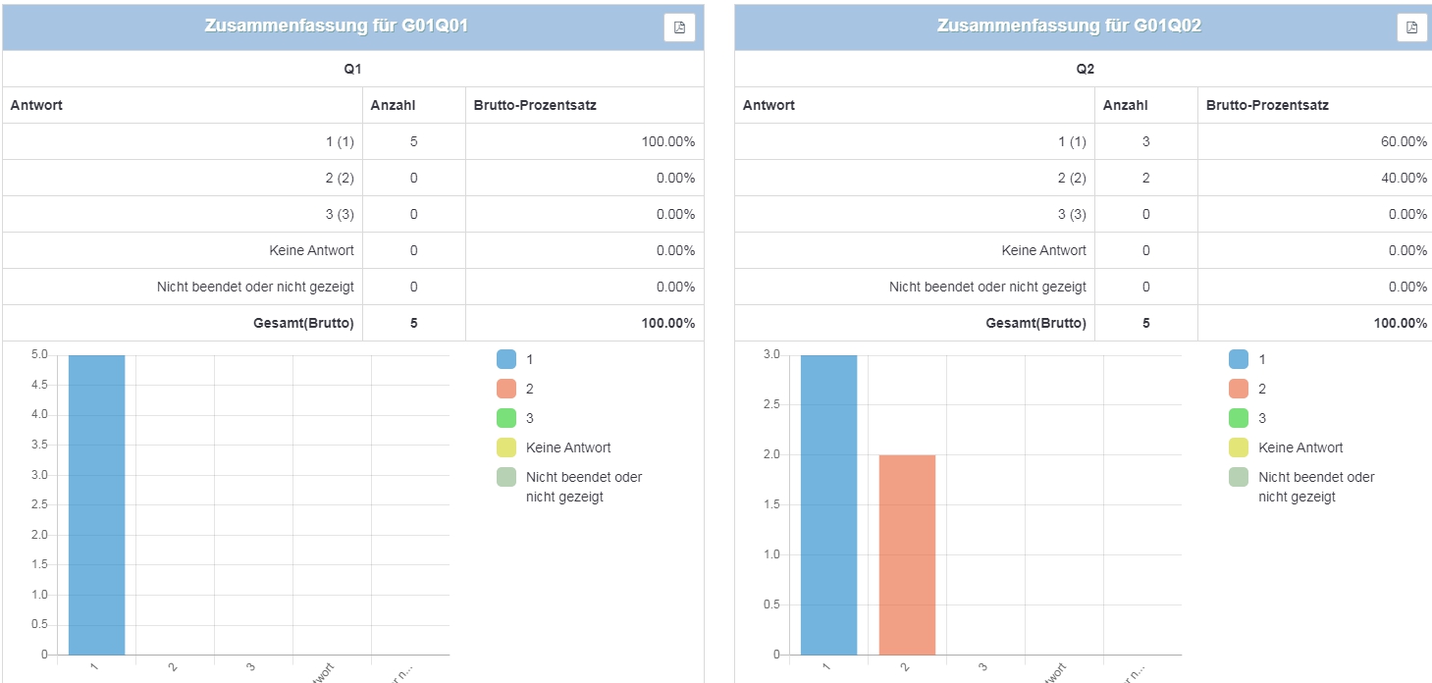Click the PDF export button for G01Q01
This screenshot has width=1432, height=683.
[679, 27]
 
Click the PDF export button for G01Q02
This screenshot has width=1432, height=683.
[1411, 27]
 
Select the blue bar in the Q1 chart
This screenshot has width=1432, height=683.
[96, 504]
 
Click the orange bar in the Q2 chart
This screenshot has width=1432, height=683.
[907, 554]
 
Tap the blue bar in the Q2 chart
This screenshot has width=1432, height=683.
[828, 504]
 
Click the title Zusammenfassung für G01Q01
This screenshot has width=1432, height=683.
[336, 26]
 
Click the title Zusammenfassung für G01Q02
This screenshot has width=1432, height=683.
[1069, 26]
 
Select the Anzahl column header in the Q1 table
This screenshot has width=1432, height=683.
[393, 105]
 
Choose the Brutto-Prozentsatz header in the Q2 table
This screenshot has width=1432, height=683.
[1267, 105]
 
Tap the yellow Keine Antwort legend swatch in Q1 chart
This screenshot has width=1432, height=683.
[506, 447]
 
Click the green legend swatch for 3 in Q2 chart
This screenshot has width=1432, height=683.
[1239, 418]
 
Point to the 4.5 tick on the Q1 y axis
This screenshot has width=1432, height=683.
[38, 385]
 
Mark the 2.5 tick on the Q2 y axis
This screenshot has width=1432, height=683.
[771, 404]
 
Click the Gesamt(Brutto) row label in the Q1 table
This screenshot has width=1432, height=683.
[304, 323]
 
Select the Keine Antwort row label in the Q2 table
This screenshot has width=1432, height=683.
[1043, 250]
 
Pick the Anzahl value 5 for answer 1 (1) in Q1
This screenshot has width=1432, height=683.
[413, 141]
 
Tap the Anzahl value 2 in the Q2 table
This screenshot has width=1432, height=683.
[1145, 178]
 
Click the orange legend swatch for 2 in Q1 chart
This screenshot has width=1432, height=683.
[506, 389]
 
